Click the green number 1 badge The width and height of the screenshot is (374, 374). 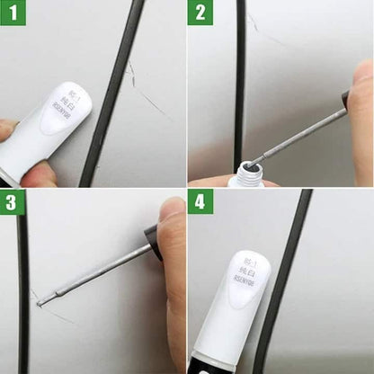(13, 13)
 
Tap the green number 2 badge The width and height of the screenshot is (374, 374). (200, 13)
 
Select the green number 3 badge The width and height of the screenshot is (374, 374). (13, 201)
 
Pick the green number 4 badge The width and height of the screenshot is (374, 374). (200, 201)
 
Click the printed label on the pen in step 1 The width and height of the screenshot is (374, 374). (66, 112)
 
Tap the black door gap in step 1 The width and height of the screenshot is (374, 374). (113, 90)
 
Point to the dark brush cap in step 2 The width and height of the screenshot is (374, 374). (345, 99)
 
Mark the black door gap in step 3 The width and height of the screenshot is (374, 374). (23, 288)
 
